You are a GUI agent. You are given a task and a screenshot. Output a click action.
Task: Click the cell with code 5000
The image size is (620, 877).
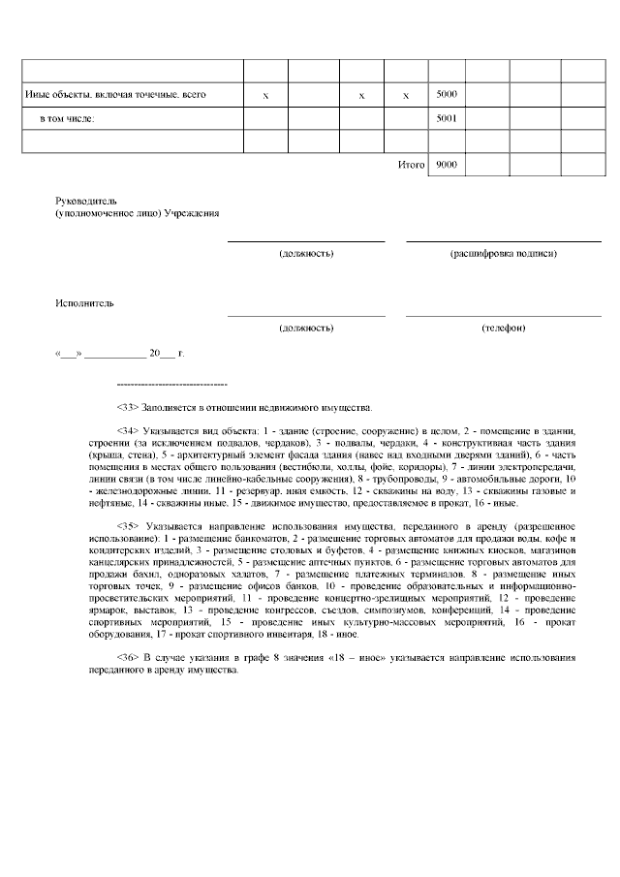pos(447,95)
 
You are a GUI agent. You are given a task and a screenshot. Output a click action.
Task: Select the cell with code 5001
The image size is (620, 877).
pos(447,118)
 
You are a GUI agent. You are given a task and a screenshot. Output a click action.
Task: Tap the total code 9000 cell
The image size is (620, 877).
pos(447,166)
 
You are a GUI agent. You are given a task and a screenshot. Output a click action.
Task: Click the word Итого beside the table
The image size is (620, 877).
pos(412,166)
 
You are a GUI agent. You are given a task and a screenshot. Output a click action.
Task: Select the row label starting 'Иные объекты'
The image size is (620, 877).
pos(114,95)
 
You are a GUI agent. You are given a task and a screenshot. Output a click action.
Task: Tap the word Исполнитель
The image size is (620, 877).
pos(84,303)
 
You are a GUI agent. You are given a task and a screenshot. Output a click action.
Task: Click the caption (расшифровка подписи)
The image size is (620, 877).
pos(503,253)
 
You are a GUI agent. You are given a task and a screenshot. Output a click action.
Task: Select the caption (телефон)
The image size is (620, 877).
pos(503,328)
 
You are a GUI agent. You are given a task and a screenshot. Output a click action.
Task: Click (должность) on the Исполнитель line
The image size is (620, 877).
pos(306,328)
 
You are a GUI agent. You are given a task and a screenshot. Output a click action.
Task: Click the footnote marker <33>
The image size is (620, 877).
pos(128,407)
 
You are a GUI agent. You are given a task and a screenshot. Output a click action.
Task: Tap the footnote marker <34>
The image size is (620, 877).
pos(128,429)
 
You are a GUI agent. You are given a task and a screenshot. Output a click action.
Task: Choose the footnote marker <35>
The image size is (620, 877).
pos(128,525)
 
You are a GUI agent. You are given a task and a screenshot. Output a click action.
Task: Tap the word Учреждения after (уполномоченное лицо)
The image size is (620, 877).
pos(192,211)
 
